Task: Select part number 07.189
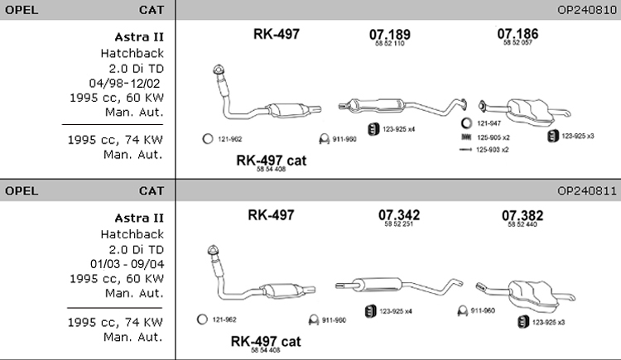point(389,34)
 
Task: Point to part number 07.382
point(522,216)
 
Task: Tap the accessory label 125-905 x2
point(493,137)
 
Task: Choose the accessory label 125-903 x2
point(493,150)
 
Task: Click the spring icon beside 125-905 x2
point(467,137)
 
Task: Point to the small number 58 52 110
point(388,44)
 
